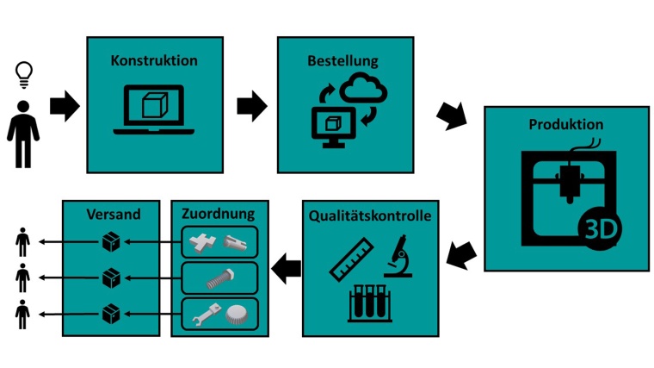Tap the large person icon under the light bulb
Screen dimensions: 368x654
coord(23,134)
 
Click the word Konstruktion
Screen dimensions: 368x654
coord(154,60)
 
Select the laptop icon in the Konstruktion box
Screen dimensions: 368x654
coord(154,109)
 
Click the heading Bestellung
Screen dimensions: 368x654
coord(342,60)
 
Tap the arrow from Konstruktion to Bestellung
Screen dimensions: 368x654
coord(251,105)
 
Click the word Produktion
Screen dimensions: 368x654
coord(565,124)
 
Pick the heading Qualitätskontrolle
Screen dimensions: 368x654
coord(369,215)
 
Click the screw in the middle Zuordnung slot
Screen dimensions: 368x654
coord(219,278)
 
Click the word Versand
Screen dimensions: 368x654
coord(111,213)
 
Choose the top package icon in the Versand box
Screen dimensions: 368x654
coord(110,242)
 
